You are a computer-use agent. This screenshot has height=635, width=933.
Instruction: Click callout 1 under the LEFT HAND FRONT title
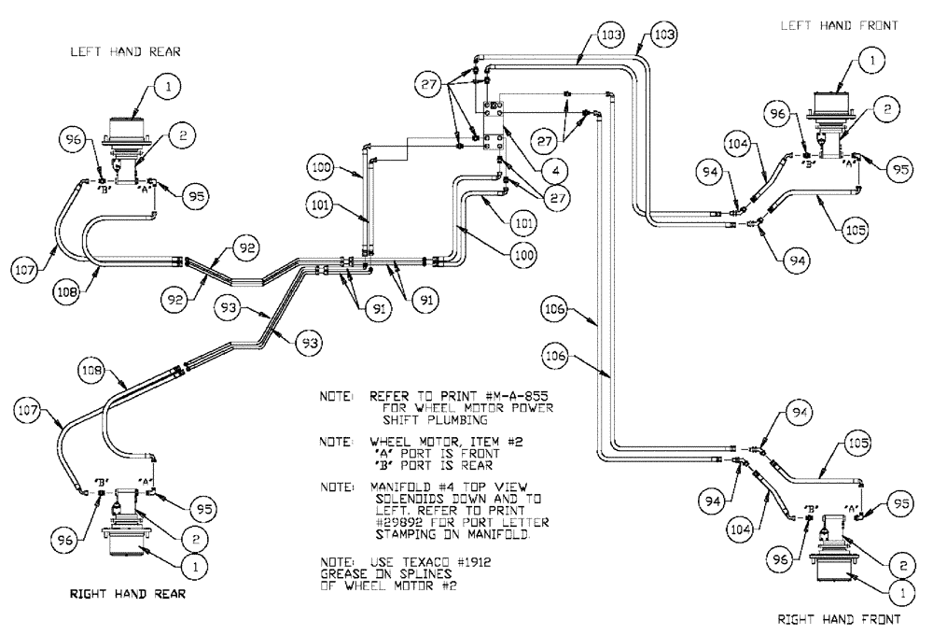(x=871, y=62)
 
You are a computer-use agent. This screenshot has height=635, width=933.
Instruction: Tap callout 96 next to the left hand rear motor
(x=77, y=142)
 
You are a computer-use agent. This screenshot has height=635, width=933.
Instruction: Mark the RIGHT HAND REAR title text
(x=121, y=593)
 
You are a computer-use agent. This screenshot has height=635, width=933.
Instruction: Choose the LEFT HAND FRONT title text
(x=839, y=26)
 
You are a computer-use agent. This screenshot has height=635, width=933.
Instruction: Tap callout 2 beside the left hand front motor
(x=887, y=109)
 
